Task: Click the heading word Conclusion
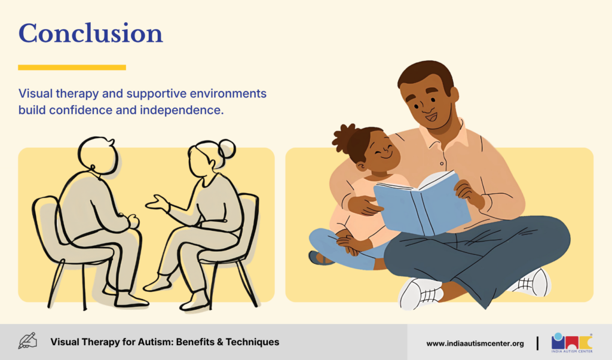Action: pyautogui.click(x=91, y=33)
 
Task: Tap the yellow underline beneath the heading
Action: pyautogui.click(x=72, y=68)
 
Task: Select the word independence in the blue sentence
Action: pyautogui.click(x=182, y=110)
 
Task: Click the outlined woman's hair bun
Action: pyautogui.click(x=227, y=148)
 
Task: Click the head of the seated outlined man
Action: pyautogui.click(x=97, y=154)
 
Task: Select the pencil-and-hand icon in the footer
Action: pyautogui.click(x=27, y=341)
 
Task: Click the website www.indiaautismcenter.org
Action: pyautogui.click(x=475, y=344)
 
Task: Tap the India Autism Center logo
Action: pyautogui.click(x=572, y=343)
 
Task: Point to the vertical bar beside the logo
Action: pyautogui.click(x=537, y=343)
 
